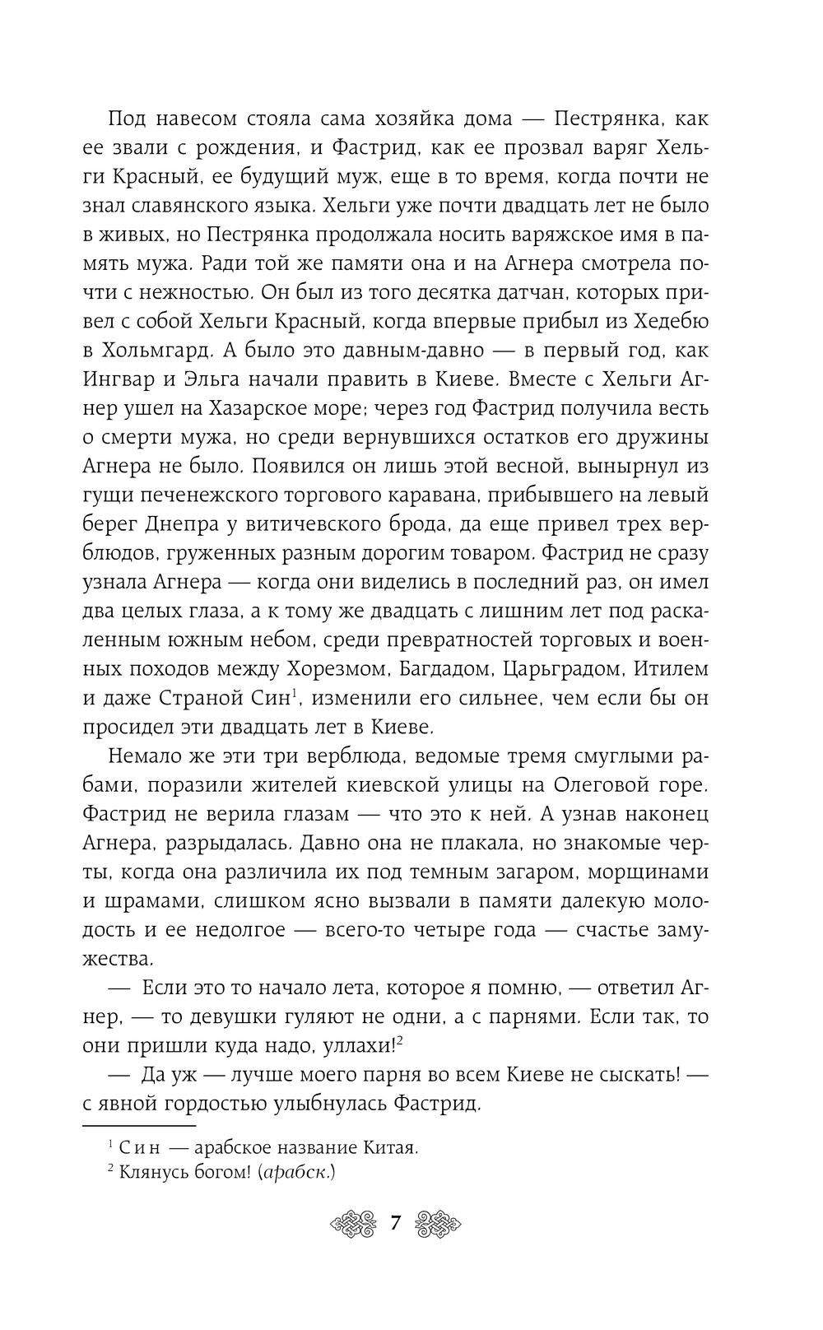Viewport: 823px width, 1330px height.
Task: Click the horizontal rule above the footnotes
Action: coord(139,1124)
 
